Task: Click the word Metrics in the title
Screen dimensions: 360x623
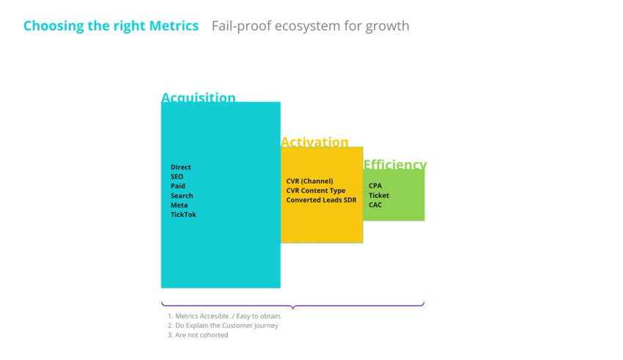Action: [174, 26]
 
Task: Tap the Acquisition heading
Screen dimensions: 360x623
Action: [198, 98]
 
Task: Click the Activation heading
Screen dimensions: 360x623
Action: [314, 142]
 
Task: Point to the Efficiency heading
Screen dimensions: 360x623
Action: [394, 164]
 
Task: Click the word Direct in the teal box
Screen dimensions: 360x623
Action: [181, 167]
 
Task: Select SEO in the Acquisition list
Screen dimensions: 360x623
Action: [177, 177]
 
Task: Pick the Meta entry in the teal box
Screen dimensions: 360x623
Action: [180, 205]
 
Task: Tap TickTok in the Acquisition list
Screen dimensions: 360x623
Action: [183, 215]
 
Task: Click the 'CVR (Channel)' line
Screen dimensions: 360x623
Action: [309, 181]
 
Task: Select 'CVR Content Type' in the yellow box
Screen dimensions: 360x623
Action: [316, 191]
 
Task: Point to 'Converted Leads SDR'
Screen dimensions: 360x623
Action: [321, 200]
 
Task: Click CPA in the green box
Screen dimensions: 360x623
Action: [375, 186]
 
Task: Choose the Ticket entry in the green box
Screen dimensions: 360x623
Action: [379, 196]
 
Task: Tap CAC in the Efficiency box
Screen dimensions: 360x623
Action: [375, 205]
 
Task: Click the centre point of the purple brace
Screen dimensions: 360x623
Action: [292, 306]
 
